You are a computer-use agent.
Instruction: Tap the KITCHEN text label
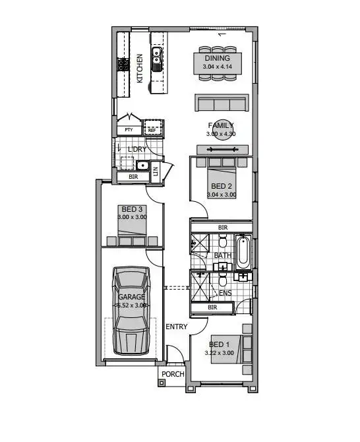tap(140, 69)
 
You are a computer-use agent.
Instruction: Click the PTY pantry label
tap(129, 130)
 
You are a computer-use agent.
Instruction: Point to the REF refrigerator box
tap(152, 129)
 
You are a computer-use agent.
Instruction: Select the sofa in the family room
tap(221, 104)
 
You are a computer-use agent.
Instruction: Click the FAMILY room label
tap(221, 125)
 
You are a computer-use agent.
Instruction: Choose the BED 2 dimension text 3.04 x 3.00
tap(221, 195)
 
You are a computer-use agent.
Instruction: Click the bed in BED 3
tap(133, 228)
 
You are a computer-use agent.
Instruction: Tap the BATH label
tap(223, 255)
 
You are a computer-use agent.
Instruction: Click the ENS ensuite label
tap(225, 293)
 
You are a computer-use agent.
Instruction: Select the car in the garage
tap(131, 310)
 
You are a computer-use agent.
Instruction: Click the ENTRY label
tap(176, 327)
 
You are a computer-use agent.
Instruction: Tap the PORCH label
tap(173, 375)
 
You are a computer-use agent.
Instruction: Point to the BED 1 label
tap(220, 344)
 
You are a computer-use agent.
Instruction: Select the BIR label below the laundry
tap(133, 177)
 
